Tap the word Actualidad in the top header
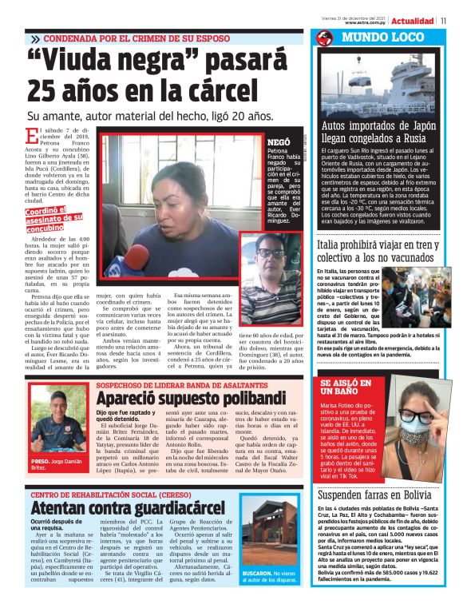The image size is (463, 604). point(414,21)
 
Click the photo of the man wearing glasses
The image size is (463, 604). point(267,272)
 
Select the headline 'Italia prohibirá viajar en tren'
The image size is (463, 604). point(386,250)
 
